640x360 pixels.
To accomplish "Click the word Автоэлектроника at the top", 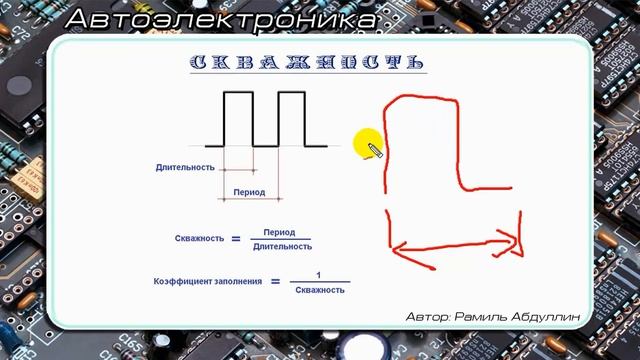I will (x=223, y=19).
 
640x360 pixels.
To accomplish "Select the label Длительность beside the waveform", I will (x=185, y=167).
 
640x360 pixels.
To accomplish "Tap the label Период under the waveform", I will (x=248, y=191).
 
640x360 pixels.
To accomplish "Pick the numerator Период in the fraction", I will (x=280, y=231).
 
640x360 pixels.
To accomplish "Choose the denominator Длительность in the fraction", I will (x=281, y=246).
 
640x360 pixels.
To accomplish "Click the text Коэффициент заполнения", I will (x=208, y=282).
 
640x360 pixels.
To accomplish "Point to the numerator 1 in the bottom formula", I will (x=318, y=275).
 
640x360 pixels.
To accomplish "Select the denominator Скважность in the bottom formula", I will (x=320, y=290).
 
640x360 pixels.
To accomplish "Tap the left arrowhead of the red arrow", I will (x=394, y=248).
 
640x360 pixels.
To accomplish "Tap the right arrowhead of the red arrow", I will (x=516, y=241).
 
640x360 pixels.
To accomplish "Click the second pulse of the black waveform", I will (x=290, y=118).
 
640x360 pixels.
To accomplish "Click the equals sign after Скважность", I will (x=236, y=239).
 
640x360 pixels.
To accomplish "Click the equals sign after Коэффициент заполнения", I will (x=274, y=282).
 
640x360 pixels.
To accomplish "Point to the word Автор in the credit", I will (x=427, y=316).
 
